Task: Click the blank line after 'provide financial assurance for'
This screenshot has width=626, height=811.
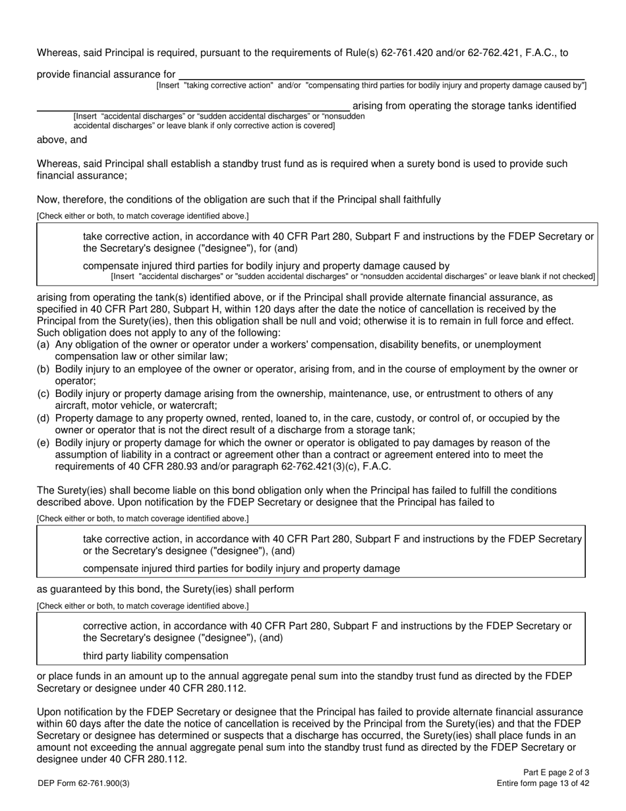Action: (x=382, y=75)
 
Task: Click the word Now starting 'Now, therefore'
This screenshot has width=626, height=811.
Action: (x=47, y=199)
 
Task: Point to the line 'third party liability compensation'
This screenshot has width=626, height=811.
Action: (x=156, y=655)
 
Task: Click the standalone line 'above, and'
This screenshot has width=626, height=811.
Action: (x=62, y=139)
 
